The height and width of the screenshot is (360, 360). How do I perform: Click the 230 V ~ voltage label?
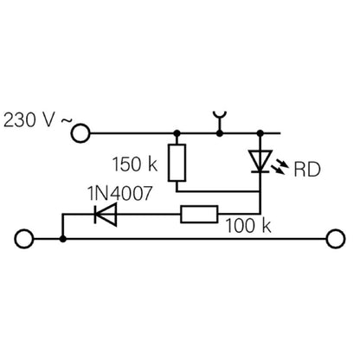(37, 120)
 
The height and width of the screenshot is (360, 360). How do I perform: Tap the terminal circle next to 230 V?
(80, 133)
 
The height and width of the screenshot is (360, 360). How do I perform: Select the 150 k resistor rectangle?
(177, 163)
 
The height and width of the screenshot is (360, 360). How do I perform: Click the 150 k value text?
(135, 164)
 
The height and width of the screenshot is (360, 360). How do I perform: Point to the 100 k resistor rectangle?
(199, 215)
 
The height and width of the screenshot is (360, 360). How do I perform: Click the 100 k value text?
(248, 226)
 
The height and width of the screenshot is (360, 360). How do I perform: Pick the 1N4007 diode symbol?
(106, 215)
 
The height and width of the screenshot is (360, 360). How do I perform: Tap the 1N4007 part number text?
(119, 193)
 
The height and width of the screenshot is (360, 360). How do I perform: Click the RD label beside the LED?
(307, 170)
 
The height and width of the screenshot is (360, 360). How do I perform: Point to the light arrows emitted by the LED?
(280, 166)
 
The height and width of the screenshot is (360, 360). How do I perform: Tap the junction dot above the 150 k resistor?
(177, 133)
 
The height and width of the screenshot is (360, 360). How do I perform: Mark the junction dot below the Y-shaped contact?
(220, 133)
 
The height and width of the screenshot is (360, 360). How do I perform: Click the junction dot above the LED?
(260, 133)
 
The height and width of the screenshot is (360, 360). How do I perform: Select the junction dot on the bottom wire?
(62, 239)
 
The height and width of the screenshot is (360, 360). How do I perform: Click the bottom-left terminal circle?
(24, 239)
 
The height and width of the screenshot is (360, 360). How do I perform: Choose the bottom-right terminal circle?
(336, 239)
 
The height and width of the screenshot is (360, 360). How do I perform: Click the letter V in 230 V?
(48, 120)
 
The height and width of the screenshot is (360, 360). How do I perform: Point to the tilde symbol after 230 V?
(67, 122)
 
